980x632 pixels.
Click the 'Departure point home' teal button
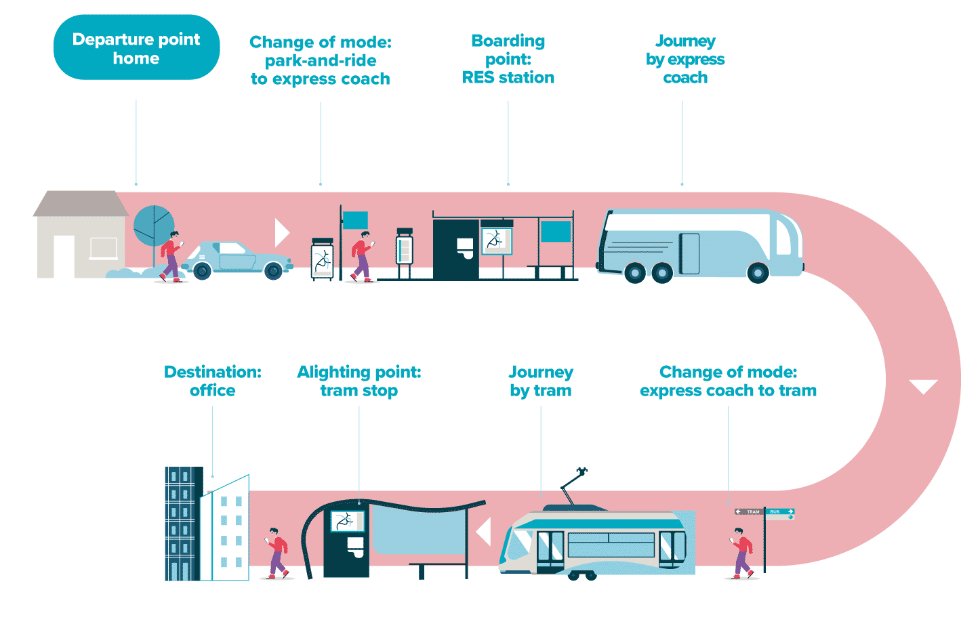(136, 48)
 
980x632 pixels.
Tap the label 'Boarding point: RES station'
(508, 60)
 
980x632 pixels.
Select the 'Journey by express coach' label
(685, 60)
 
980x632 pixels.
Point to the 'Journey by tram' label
(541, 381)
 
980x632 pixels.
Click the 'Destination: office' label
(212, 381)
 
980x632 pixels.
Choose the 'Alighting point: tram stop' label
(359, 381)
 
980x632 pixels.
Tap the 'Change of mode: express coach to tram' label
(728, 381)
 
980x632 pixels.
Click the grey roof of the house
(81, 203)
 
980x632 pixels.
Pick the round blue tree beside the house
(153, 226)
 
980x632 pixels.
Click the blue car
(237, 259)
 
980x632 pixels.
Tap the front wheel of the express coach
(757, 273)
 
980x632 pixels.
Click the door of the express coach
(689, 253)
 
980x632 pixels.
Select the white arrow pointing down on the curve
(923, 387)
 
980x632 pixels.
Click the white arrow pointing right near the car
(281, 232)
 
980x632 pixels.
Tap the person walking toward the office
(276, 552)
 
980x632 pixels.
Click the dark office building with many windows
(182, 523)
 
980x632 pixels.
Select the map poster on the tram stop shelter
(346, 521)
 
